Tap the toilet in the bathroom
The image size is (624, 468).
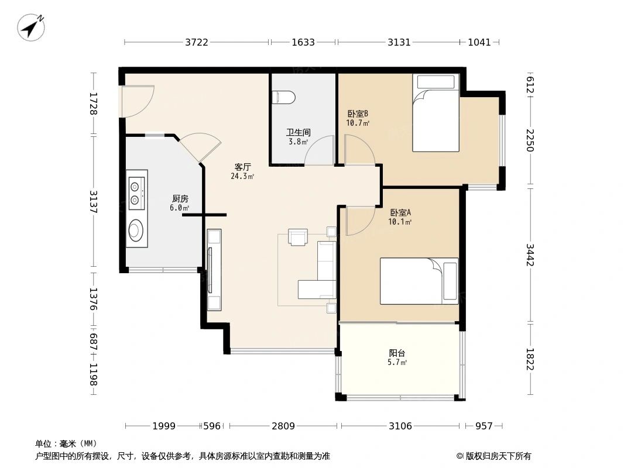[x=283, y=97]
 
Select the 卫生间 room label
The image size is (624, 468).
[x=298, y=132]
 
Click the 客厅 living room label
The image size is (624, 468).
[x=242, y=167]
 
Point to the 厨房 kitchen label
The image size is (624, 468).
[x=180, y=198]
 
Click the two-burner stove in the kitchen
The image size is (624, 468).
[x=136, y=192]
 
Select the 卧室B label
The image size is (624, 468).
[x=358, y=113]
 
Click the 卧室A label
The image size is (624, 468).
[x=400, y=213]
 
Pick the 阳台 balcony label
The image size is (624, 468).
[x=397, y=353]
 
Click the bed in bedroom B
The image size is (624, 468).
[x=436, y=113]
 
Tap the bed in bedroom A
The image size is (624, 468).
[x=419, y=281]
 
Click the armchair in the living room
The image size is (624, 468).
[x=298, y=238]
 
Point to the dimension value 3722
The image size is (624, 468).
[x=197, y=42]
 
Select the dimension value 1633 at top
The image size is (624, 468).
[x=303, y=42]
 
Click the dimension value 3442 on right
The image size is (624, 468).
[x=530, y=255]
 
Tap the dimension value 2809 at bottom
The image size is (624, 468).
[x=283, y=426]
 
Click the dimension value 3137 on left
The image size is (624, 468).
[x=93, y=202]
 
